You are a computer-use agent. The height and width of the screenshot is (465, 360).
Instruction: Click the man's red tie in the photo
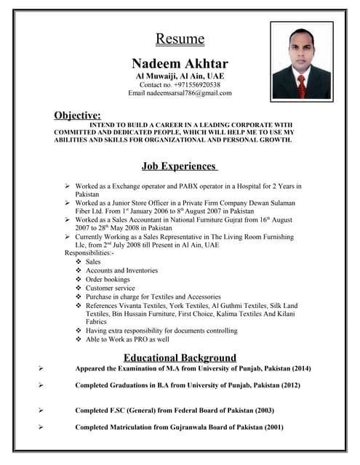click(x=303, y=85)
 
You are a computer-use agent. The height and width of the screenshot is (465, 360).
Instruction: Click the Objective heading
click(x=77, y=115)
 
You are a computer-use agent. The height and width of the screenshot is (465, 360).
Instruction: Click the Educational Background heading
click(x=180, y=357)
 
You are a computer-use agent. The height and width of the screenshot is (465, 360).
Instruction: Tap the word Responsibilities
click(x=89, y=253)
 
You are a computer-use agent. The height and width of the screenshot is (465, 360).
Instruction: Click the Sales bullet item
click(x=93, y=262)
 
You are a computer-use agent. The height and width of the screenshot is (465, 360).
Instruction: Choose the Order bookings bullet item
click(x=108, y=279)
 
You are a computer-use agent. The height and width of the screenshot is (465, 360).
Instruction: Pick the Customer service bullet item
click(x=111, y=288)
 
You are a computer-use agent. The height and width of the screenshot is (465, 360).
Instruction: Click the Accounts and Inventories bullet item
click(x=121, y=270)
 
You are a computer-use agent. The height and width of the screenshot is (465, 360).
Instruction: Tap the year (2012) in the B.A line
click(x=286, y=385)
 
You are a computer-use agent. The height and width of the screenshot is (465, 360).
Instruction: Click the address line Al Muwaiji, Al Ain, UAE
click(x=180, y=76)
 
